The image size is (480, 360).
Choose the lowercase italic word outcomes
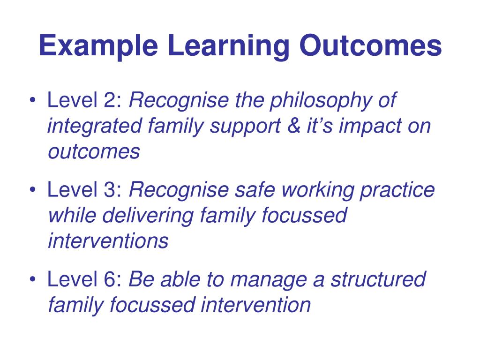click(93, 152)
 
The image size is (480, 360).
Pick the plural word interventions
click(108, 241)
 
